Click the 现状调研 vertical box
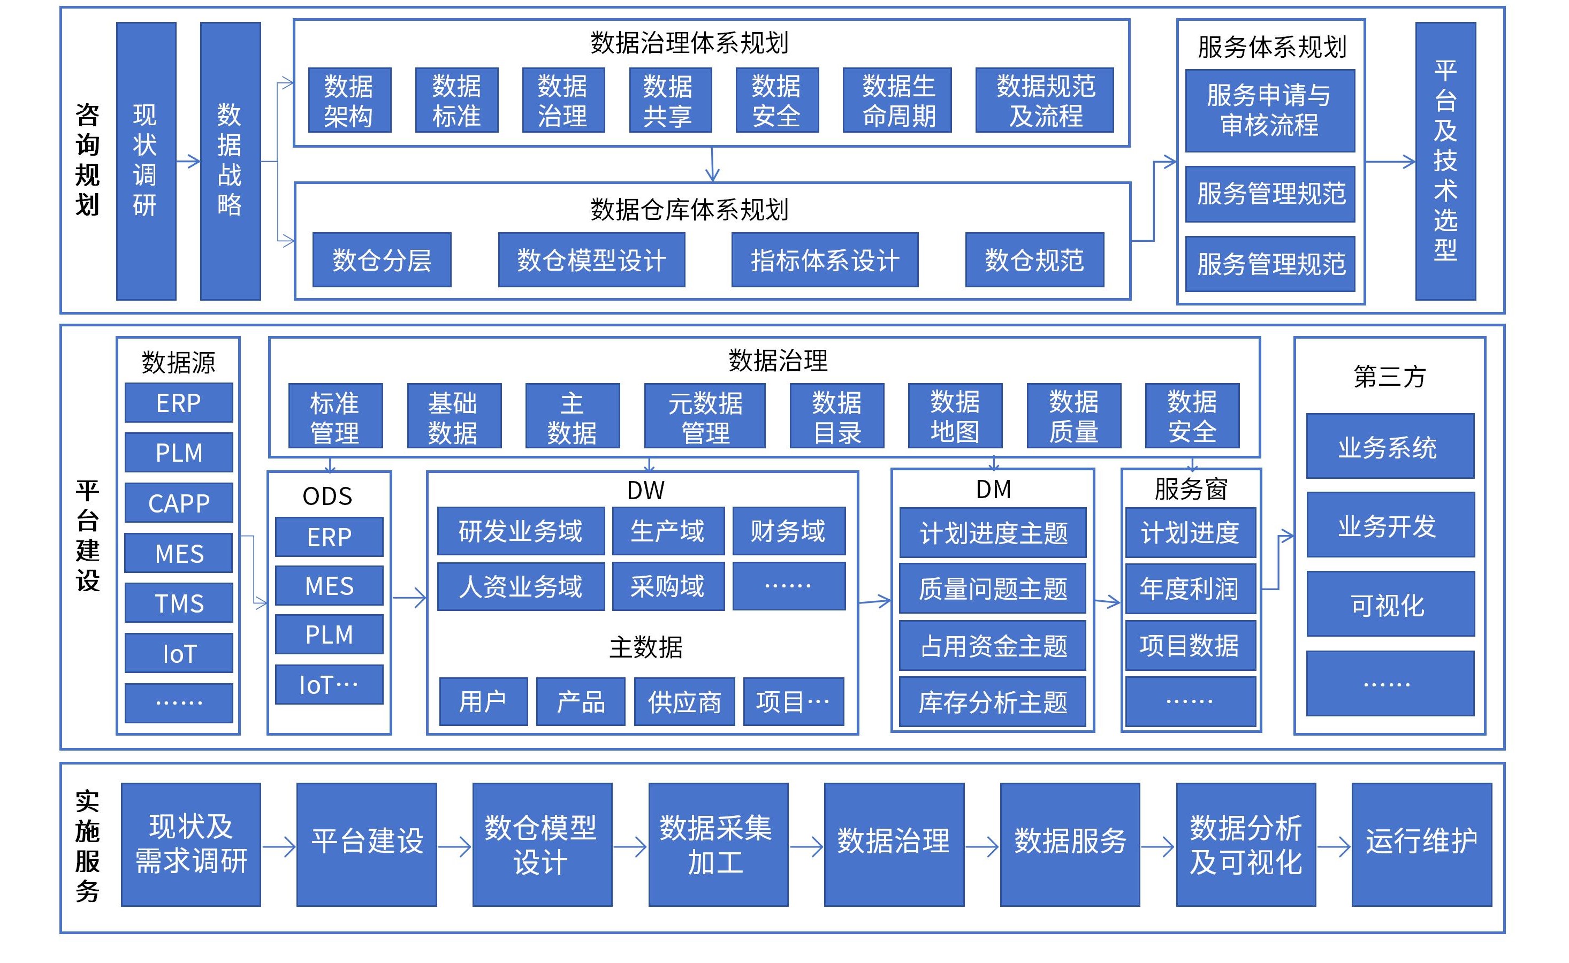(x=146, y=161)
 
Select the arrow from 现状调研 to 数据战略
(x=188, y=161)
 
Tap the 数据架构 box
(x=349, y=101)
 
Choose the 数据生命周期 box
(x=896, y=101)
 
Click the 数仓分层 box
(x=382, y=260)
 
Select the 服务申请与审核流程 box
(x=1270, y=111)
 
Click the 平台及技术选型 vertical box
(x=1445, y=161)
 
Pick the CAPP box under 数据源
(x=179, y=503)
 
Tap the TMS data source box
(x=179, y=603)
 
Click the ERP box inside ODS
(x=329, y=537)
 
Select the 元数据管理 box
(x=705, y=417)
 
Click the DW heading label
(x=645, y=491)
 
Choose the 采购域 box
(x=668, y=586)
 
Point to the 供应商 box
(x=684, y=702)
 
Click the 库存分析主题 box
(x=993, y=702)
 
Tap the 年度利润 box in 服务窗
(x=1190, y=588)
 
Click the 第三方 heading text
(x=1389, y=377)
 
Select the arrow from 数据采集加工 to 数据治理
(x=806, y=846)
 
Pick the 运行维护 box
(x=1421, y=844)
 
